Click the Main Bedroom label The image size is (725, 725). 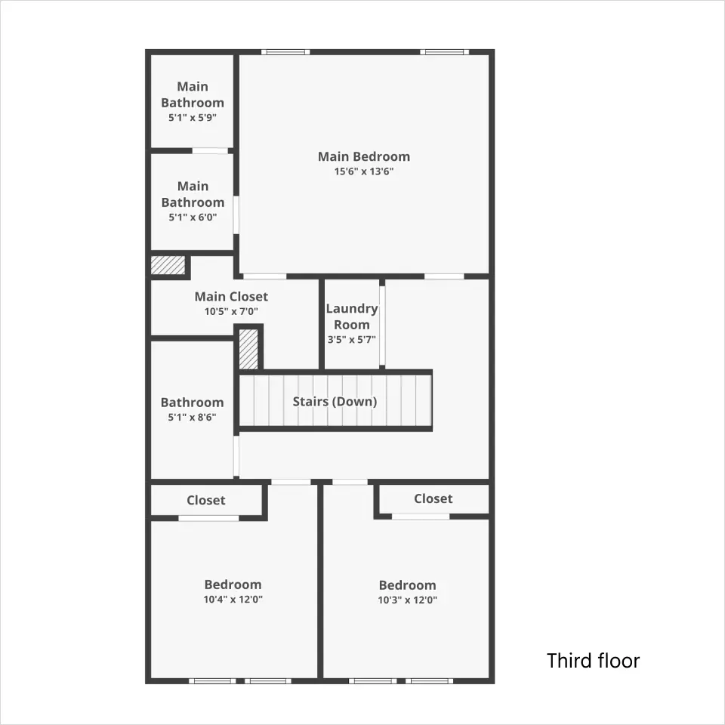point(364,157)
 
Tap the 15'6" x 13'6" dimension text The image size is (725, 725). point(364,171)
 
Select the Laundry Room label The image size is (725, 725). point(352,316)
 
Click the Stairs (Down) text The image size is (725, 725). point(335,401)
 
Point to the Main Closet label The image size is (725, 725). point(231,296)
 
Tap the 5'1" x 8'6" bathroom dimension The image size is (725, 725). point(192,418)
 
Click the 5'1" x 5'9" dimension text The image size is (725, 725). point(193,118)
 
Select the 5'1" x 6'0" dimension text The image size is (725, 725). point(193,217)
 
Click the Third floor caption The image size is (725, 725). point(594,661)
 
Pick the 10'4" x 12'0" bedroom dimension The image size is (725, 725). point(233,600)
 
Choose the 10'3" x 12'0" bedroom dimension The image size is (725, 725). point(407,600)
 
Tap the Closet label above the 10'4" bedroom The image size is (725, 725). point(206,500)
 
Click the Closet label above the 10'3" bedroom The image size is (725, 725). point(433,498)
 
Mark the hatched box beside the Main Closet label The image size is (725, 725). point(168,265)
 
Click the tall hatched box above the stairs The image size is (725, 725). point(248,349)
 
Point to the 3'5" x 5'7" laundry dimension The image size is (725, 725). point(352,340)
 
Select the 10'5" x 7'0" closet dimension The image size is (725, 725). point(231,312)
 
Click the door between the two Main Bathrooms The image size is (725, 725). point(211,151)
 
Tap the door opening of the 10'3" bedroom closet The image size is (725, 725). point(421,517)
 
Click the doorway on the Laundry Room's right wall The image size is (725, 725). point(382,326)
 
